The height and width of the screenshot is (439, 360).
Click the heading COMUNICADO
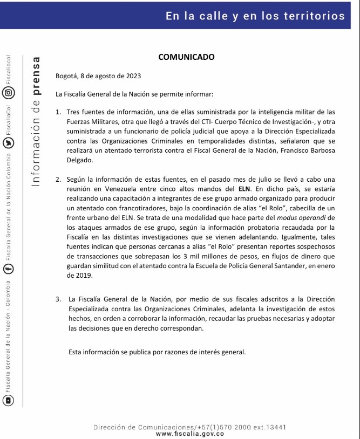(x=186, y=57)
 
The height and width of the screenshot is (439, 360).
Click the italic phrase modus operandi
(x=291, y=217)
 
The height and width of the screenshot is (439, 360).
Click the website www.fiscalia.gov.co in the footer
(x=190, y=434)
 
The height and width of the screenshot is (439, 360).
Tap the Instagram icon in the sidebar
(x=9, y=92)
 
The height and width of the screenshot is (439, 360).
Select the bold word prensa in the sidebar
(x=37, y=73)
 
